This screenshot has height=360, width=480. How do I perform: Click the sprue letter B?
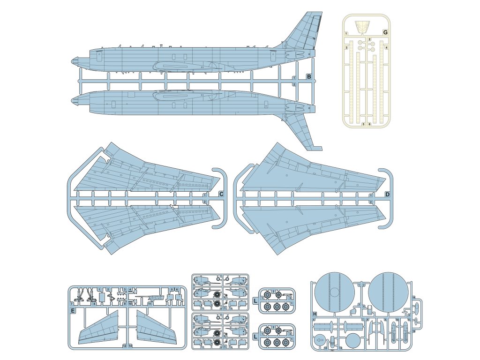coord(309,76)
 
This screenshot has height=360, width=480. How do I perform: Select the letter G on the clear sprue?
coord(385,32)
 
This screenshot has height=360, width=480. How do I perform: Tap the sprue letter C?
coord(221,194)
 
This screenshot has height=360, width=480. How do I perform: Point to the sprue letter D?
coord(388,194)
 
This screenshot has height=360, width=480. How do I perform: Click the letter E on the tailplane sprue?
coord(73,310)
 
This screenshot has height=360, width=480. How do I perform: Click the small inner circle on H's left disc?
coord(333,293)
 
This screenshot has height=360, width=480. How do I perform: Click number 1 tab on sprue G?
coord(346,34)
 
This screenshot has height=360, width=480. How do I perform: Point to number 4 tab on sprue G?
coord(386,48)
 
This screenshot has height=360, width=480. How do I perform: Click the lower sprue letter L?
coord(255,336)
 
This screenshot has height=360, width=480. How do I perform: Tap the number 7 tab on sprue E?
coord(71,304)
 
